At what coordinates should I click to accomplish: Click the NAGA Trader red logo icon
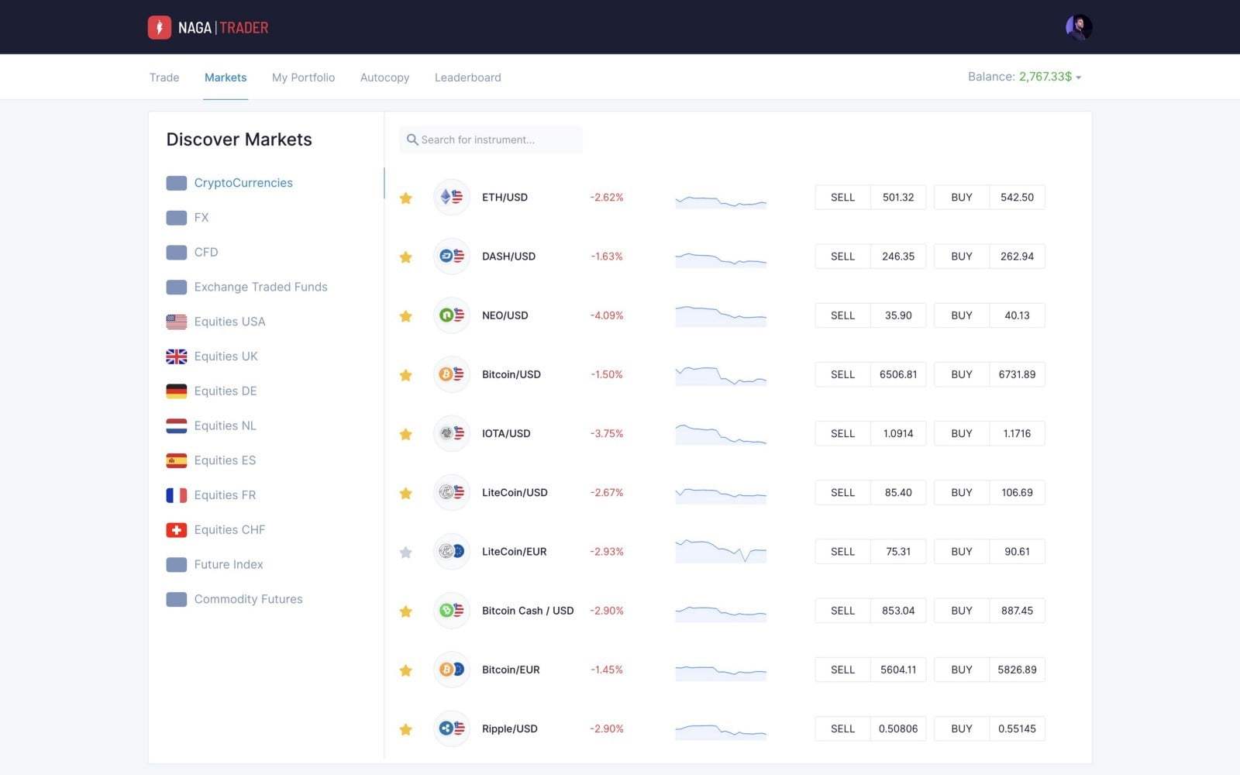pyautogui.click(x=160, y=27)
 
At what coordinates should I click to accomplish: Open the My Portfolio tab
pyautogui.click(x=303, y=77)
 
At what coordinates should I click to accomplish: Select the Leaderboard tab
pyautogui.click(x=468, y=77)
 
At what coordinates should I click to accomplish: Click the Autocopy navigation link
pyautogui.click(x=384, y=77)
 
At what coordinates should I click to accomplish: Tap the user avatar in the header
pyautogui.click(x=1079, y=27)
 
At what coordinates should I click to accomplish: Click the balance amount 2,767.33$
pyautogui.click(x=1045, y=77)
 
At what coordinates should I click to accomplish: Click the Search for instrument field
pyautogui.click(x=491, y=139)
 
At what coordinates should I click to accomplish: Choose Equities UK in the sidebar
pyautogui.click(x=226, y=356)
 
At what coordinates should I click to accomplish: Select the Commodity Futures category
pyautogui.click(x=249, y=599)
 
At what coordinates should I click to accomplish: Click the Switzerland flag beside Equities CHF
pyautogui.click(x=177, y=530)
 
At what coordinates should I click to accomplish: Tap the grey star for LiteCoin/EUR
pyautogui.click(x=406, y=552)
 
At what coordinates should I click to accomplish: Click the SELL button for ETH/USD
pyautogui.click(x=842, y=197)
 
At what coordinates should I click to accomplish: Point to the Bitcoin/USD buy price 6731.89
pyautogui.click(x=1017, y=374)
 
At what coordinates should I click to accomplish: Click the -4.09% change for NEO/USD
pyautogui.click(x=607, y=315)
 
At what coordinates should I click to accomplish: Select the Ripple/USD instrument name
pyautogui.click(x=510, y=728)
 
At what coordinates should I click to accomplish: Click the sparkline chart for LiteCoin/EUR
pyautogui.click(x=721, y=551)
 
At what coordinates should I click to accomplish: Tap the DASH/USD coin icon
pyautogui.click(x=452, y=257)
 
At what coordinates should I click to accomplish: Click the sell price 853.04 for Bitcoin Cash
pyautogui.click(x=898, y=611)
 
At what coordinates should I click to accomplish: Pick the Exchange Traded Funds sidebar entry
pyautogui.click(x=260, y=287)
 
